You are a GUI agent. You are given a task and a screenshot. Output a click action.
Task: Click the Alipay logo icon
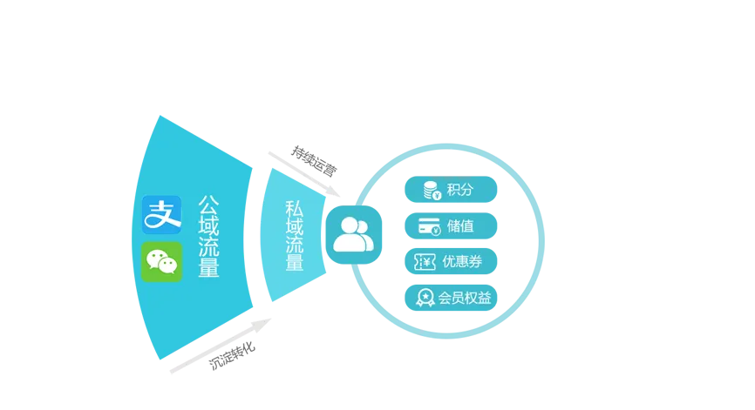[x=161, y=214]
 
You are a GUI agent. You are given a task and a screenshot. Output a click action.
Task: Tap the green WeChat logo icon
[x=161, y=261]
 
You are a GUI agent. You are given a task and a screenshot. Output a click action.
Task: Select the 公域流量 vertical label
[x=208, y=236]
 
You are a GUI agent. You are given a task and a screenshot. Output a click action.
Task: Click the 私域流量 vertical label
[x=295, y=236]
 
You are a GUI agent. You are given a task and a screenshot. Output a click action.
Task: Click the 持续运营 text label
[x=314, y=162]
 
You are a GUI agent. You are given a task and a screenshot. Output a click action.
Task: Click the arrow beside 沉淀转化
[x=222, y=346]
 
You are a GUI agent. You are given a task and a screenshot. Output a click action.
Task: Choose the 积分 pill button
[x=451, y=190]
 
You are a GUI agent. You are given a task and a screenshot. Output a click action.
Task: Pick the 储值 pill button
[x=451, y=225]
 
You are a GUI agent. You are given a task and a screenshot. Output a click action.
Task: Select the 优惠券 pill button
[x=451, y=261]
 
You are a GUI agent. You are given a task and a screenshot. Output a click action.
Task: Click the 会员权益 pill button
[x=451, y=298]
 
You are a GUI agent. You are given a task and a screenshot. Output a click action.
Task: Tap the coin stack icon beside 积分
[x=431, y=190]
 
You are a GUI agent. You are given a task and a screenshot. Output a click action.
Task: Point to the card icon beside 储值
[x=429, y=225]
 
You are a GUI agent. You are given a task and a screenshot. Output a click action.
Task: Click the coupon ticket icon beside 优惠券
[x=425, y=261]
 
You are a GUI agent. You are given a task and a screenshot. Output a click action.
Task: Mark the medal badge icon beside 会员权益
[x=425, y=298]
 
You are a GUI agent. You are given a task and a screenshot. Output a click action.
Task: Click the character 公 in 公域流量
[x=208, y=205]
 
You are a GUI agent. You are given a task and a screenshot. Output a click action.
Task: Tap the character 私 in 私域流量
[x=295, y=209]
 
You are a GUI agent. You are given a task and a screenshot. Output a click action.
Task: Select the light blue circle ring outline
[x=541, y=241]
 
